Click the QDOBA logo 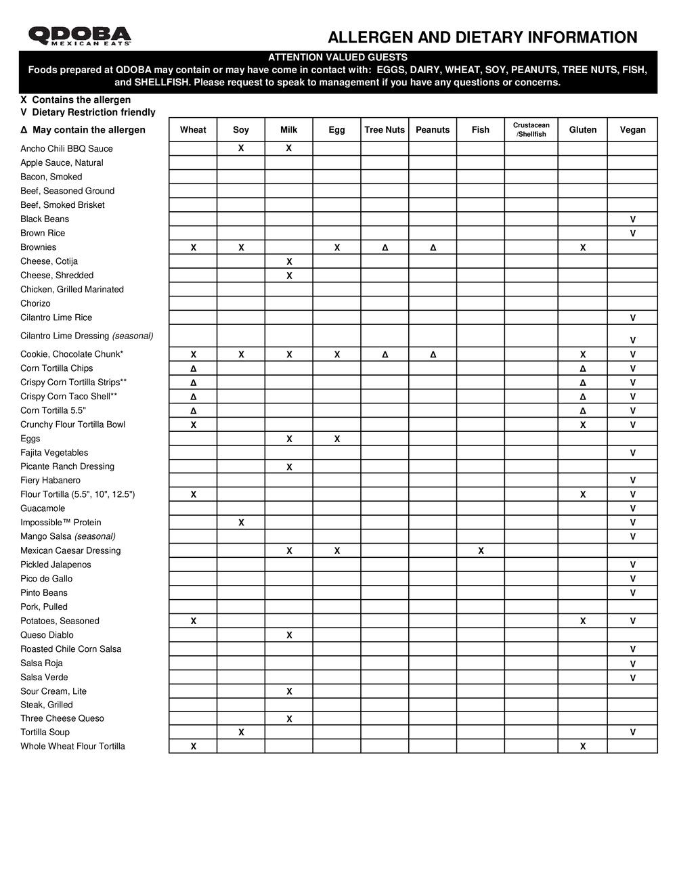coord(80,36)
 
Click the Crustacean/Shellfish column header coord(531,129)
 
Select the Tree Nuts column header coord(385,130)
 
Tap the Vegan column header coord(632,130)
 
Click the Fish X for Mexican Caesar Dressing coord(481,551)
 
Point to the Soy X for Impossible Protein coord(241,523)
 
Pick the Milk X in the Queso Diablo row coord(289,635)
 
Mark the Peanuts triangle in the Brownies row coord(433,248)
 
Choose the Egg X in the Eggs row coord(336,439)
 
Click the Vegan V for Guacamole coord(632,508)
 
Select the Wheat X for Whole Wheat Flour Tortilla coord(193,747)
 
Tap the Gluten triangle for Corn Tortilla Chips coord(582,369)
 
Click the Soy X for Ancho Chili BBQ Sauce coord(241,148)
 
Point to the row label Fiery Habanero coord(50,481)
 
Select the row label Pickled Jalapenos coord(56,565)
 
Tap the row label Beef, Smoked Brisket coord(62,205)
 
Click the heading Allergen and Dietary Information coord(482,37)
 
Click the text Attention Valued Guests coord(338,58)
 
